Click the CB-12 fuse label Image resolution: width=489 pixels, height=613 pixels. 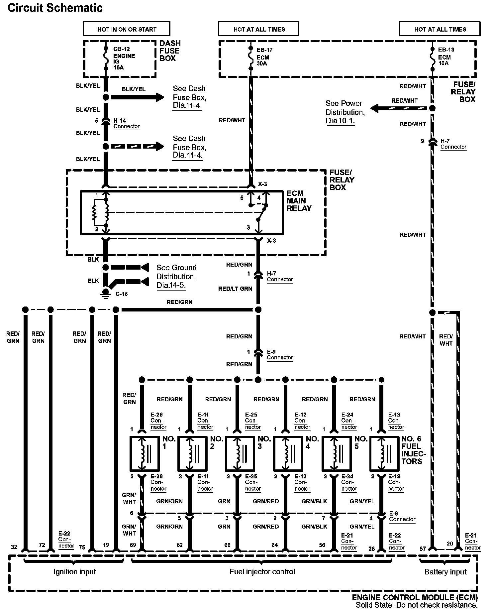click(x=119, y=49)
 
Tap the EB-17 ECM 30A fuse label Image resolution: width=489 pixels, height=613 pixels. click(x=263, y=57)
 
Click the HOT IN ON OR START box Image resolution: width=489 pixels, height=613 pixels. click(x=127, y=29)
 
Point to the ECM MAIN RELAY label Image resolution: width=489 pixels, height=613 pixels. click(x=299, y=201)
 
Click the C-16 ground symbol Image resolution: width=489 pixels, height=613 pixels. click(x=106, y=293)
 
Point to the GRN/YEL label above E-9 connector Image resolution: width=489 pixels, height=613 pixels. click(x=362, y=501)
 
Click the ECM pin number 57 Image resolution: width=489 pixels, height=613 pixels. click(x=423, y=549)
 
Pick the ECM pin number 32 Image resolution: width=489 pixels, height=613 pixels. click(x=14, y=547)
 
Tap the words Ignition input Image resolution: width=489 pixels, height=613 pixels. click(x=74, y=571)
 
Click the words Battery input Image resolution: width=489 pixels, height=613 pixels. click(x=445, y=572)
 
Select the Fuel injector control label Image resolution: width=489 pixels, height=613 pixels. click(x=262, y=571)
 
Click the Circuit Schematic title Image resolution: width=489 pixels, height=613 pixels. click(x=55, y=8)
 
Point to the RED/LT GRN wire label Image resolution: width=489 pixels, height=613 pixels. click(x=235, y=289)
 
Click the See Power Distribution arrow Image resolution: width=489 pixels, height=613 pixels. click(x=398, y=108)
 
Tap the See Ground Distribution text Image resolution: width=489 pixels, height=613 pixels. click(x=176, y=276)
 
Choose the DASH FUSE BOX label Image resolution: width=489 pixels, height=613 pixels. click(x=170, y=51)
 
